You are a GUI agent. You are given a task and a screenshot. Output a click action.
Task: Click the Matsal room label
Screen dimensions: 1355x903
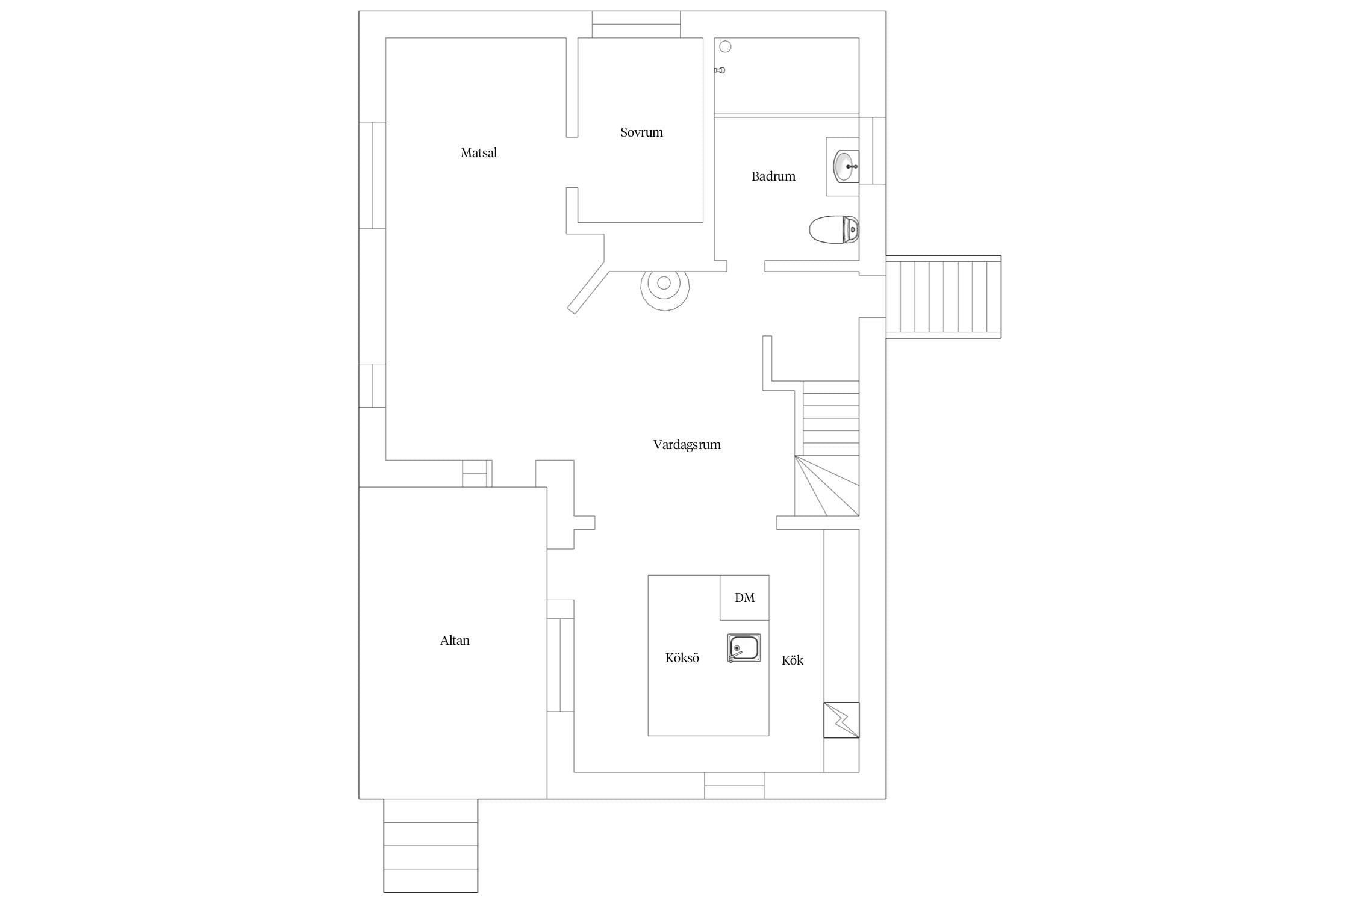coord(479,153)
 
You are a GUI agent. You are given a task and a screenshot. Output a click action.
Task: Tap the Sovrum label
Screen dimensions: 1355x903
coord(641,132)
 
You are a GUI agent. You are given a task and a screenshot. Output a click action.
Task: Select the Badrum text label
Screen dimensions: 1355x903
coord(773,176)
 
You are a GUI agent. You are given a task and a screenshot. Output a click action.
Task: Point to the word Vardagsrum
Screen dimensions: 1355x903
coord(687,445)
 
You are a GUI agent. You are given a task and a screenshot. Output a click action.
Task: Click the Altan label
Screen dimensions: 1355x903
coord(455,641)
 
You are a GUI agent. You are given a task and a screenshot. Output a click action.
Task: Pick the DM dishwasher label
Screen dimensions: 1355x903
coord(744,598)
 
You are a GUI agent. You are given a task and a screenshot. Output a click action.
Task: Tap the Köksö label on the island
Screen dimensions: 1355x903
coord(682,658)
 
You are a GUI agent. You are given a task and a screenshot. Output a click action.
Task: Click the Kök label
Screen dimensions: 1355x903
coord(793,660)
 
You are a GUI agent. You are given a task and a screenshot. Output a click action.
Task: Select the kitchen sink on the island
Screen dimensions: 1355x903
coord(744,648)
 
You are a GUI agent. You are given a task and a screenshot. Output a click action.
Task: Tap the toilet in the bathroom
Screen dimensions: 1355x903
coord(834,230)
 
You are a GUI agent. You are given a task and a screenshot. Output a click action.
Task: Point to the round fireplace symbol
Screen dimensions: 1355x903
coord(664,287)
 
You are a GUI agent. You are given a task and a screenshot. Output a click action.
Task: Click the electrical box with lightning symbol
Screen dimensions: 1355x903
coord(841,720)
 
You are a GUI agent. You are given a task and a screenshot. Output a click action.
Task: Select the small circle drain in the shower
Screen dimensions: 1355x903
coord(725,46)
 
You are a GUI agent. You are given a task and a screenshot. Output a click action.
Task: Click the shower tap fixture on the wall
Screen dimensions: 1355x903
coord(720,70)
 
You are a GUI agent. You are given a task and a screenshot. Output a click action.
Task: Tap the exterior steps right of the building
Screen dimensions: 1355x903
coord(943,297)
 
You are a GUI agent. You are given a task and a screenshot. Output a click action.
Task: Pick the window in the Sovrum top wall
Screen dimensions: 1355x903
coord(636,24)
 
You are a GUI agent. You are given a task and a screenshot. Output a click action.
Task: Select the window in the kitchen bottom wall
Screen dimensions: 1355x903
coord(734,786)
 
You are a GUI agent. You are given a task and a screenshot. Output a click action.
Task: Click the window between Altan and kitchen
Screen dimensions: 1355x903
coord(560,656)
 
